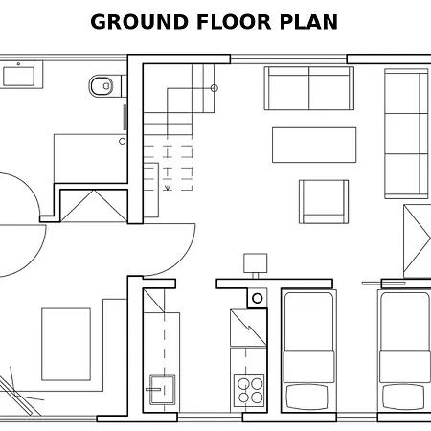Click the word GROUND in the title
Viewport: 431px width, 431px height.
pyautogui.click(x=139, y=22)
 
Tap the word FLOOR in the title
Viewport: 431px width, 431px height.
pyautogui.click(x=234, y=22)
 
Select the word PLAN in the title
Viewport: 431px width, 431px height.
pyautogui.click(x=308, y=22)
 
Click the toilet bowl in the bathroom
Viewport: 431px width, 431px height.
pyautogui.click(x=101, y=86)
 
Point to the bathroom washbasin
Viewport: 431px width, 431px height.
pyautogui.click(x=19, y=77)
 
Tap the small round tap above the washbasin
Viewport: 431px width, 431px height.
pyautogui.click(x=18, y=64)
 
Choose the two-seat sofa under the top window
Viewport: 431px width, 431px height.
pyautogui.click(x=309, y=88)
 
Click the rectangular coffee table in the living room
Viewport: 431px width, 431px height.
pyautogui.click(x=314, y=145)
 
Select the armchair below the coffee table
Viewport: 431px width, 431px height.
pyautogui.click(x=324, y=202)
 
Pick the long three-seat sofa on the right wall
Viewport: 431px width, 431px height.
pyautogui.click(x=406, y=133)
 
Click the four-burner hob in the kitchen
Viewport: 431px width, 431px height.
pyautogui.click(x=249, y=391)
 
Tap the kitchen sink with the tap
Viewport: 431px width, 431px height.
pyautogui.click(x=162, y=390)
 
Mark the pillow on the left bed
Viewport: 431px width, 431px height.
pyautogui.click(x=307, y=397)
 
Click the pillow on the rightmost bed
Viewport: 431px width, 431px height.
pyautogui.click(x=403, y=397)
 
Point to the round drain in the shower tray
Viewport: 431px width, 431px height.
pyautogui.click(x=122, y=141)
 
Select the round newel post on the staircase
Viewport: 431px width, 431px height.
pyautogui.click(x=215, y=88)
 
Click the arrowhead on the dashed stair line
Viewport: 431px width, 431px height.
pyautogui.click(x=168, y=188)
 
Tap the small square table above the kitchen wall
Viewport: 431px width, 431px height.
pyautogui.click(x=256, y=263)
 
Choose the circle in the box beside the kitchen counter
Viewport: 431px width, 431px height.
pyautogui.click(x=258, y=298)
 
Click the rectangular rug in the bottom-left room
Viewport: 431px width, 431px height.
pyautogui.click(x=66, y=344)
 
